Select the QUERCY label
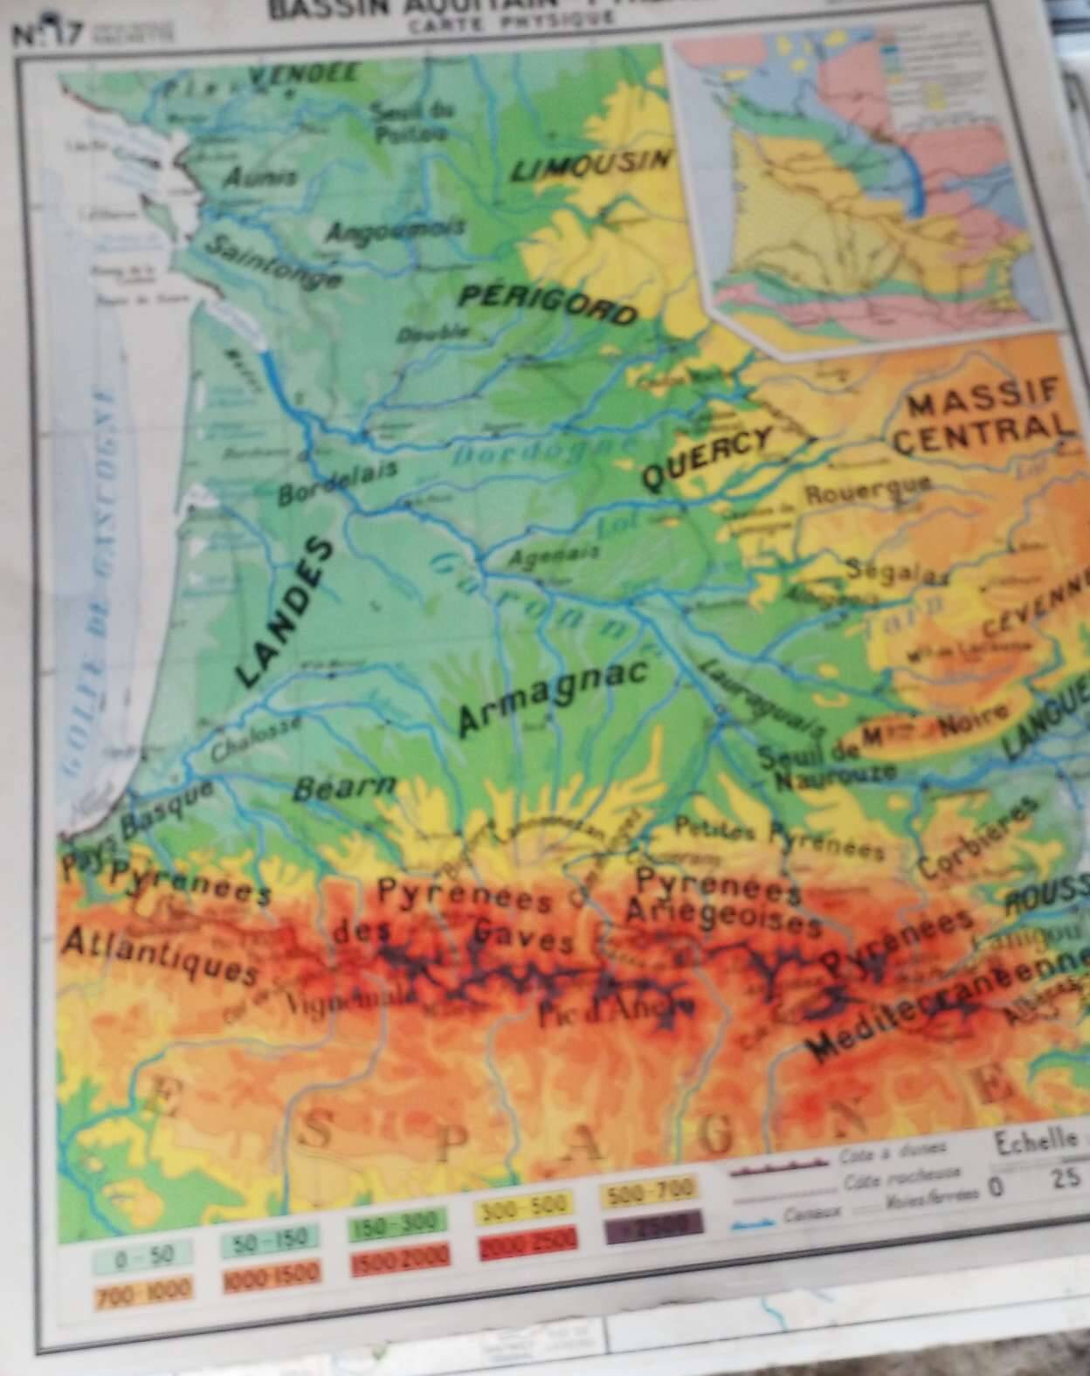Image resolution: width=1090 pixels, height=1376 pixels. click(708, 458)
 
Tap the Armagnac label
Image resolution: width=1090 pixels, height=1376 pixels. click(553, 696)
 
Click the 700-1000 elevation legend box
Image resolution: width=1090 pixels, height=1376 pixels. click(133, 1290)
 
